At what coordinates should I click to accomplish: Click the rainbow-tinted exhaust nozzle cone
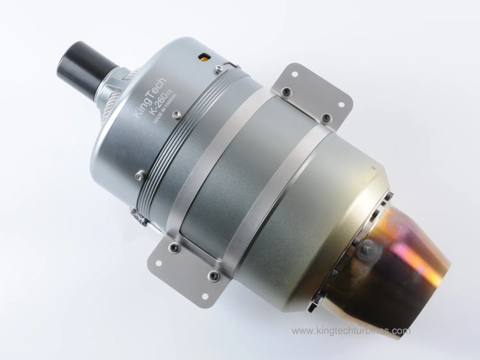coord(400,256)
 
